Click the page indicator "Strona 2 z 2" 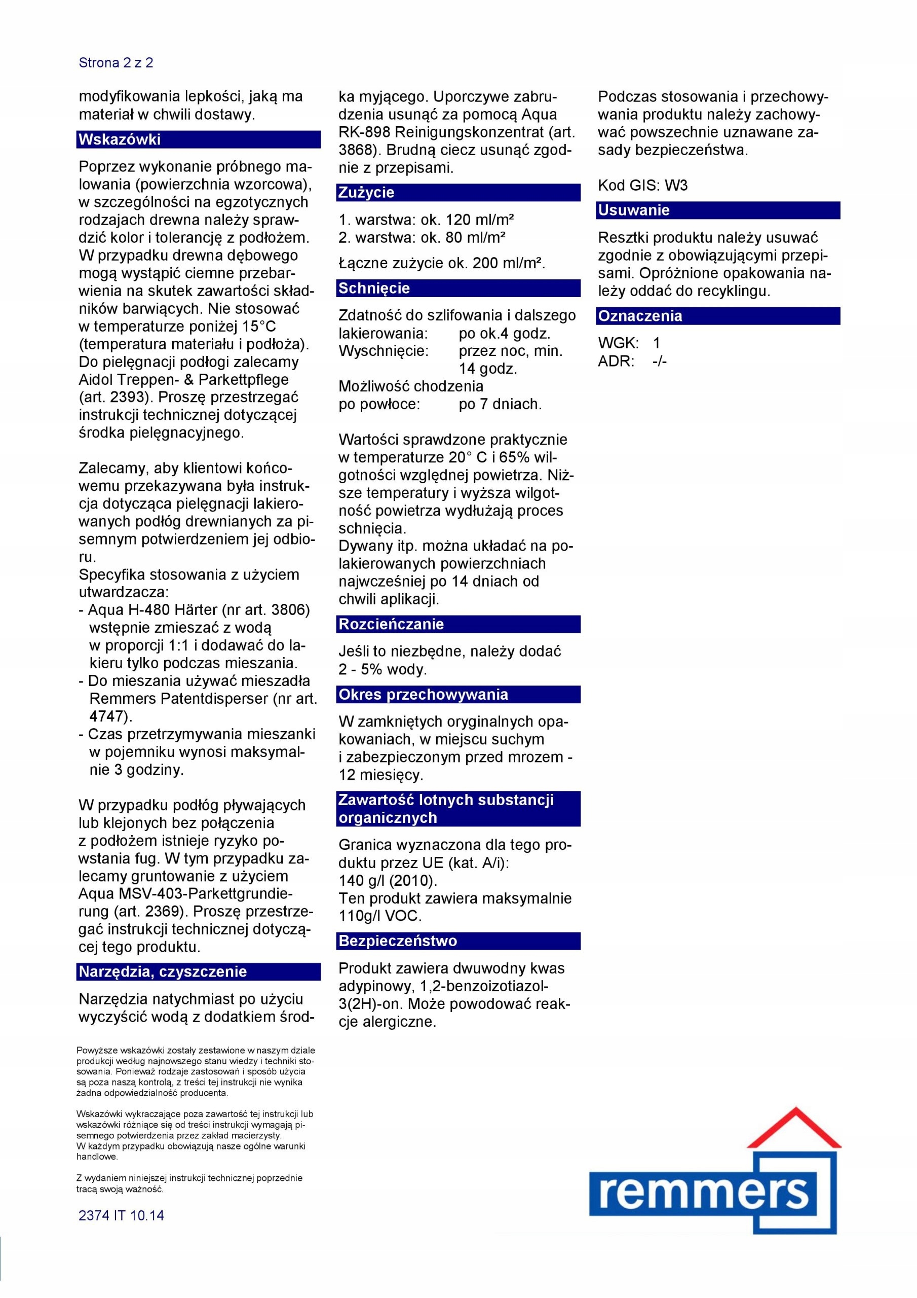[x=116, y=63]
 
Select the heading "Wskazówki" [x=120, y=139]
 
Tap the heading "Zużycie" [x=366, y=193]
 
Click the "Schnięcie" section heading [x=374, y=289]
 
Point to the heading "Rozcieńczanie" [x=391, y=624]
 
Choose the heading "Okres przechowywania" [x=423, y=694]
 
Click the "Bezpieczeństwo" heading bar [x=398, y=941]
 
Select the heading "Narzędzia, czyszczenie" [x=163, y=972]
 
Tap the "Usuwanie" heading [x=634, y=210]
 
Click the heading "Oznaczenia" [x=640, y=316]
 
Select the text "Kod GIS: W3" [x=642, y=186]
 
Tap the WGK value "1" [x=657, y=343]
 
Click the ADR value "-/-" [x=659, y=361]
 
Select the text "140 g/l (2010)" [x=388, y=881]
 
